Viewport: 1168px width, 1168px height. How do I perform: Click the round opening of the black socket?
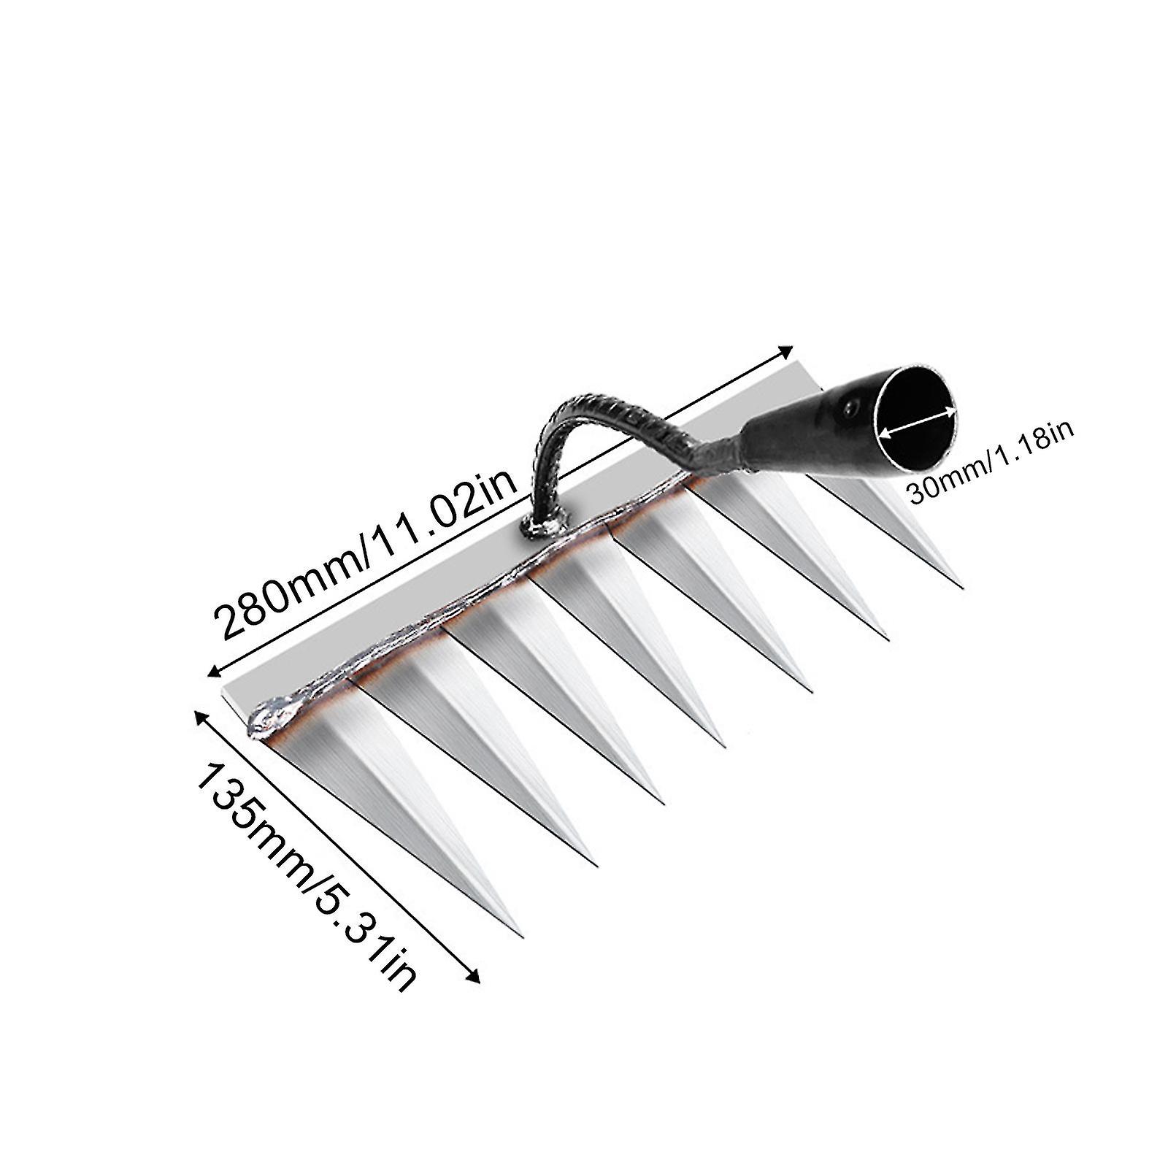coord(917,428)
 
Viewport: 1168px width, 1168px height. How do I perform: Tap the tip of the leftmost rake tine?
coord(521,935)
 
